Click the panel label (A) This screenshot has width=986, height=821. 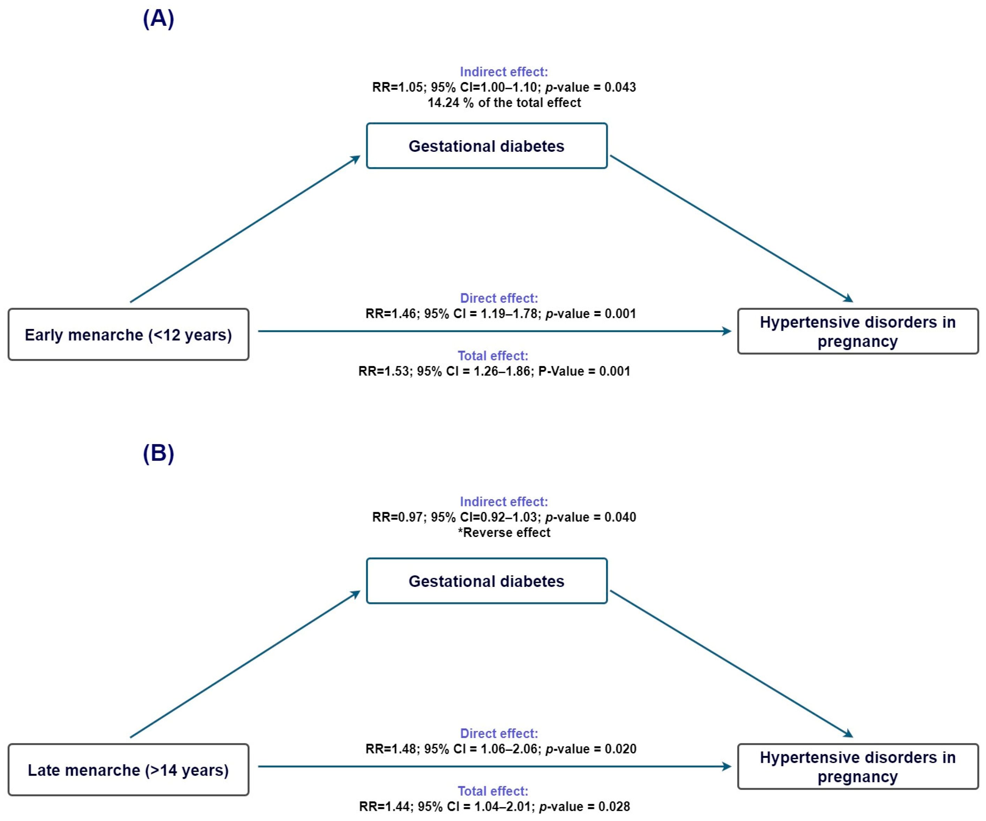(x=158, y=19)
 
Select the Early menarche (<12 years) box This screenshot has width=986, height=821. (x=128, y=335)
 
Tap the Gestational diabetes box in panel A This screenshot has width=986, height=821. (x=486, y=146)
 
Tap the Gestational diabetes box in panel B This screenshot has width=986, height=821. (x=486, y=581)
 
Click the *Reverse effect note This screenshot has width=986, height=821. (x=504, y=533)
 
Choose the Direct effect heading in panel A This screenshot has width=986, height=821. (x=499, y=298)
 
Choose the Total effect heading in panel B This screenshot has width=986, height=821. (x=493, y=791)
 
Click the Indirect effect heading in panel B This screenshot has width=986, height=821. (x=504, y=502)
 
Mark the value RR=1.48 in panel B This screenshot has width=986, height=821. (x=391, y=749)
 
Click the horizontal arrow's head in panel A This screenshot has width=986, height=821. (x=727, y=331)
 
